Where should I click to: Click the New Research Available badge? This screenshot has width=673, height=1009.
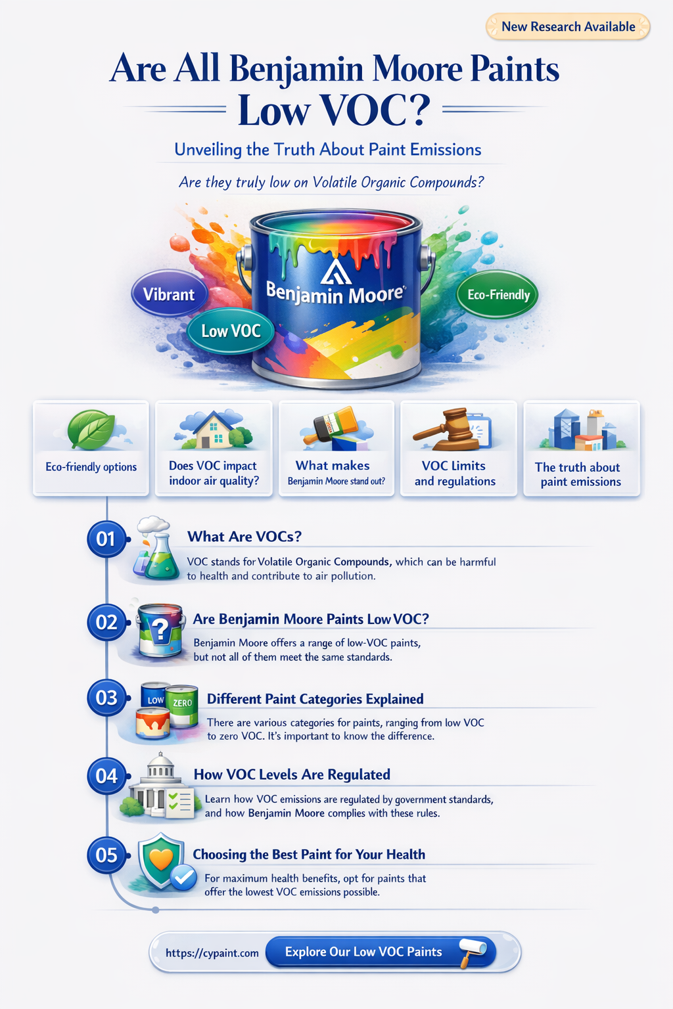click(568, 26)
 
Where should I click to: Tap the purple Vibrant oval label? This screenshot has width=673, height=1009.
click(169, 294)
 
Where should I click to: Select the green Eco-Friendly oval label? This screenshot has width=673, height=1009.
click(498, 294)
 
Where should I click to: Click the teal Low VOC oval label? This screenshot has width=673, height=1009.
click(230, 331)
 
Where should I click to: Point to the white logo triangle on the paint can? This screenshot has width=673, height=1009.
click(336, 271)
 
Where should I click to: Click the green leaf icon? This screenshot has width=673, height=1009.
click(91, 429)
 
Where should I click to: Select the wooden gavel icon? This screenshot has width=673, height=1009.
click(446, 429)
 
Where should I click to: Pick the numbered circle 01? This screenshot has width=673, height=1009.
click(106, 539)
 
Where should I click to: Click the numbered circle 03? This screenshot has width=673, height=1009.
click(106, 698)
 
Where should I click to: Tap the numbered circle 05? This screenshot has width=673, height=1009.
click(106, 855)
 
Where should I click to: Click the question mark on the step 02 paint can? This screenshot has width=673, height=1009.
click(160, 629)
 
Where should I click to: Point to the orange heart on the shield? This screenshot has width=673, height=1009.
click(161, 859)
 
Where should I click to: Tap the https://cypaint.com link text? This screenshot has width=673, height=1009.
click(212, 953)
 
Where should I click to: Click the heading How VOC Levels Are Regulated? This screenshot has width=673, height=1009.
click(292, 774)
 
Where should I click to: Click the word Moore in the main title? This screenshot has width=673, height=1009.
click(417, 69)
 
